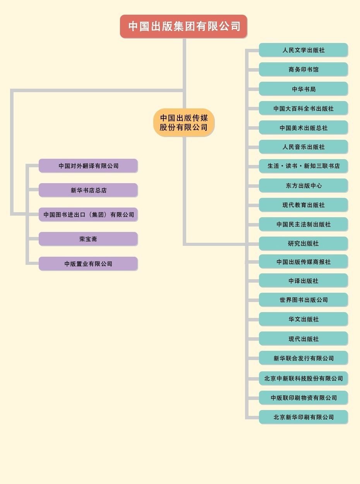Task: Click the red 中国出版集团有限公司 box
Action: (183, 26)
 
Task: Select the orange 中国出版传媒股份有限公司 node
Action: (183, 122)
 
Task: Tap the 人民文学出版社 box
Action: (303, 50)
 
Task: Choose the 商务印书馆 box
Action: (303, 69)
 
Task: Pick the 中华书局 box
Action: (303, 89)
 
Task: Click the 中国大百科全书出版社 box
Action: (303, 108)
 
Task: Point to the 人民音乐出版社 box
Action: (303, 147)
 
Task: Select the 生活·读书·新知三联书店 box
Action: (303, 166)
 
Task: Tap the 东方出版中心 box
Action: (303, 185)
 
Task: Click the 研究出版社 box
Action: (303, 244)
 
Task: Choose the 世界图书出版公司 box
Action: (303, 300)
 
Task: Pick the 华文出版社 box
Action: (303, 319)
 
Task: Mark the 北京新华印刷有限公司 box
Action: (303, 417)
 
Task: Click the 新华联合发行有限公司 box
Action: (303, 358)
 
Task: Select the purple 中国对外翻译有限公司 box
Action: (88, 166)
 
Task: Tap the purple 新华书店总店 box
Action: (88, 190)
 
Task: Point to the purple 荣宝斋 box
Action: (88, 239)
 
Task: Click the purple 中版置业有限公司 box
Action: (88, 264)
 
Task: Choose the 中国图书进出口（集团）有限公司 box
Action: (88, 215)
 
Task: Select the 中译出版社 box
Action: (303, 281)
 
